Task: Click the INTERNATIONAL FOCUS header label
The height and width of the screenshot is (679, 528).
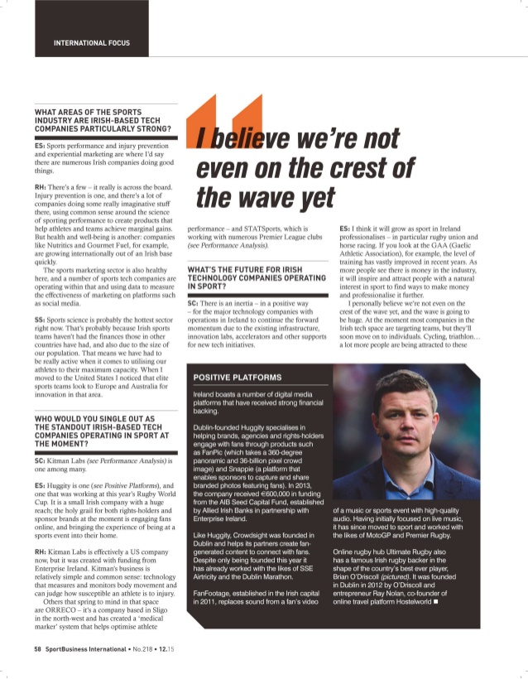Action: (x=91, y=42)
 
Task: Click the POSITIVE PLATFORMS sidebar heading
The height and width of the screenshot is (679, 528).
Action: (x=235, y=378)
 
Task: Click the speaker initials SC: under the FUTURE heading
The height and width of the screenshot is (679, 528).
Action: (x=193, y=305)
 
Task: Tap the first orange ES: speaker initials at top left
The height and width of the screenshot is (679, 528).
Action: (x=40, y=145)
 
